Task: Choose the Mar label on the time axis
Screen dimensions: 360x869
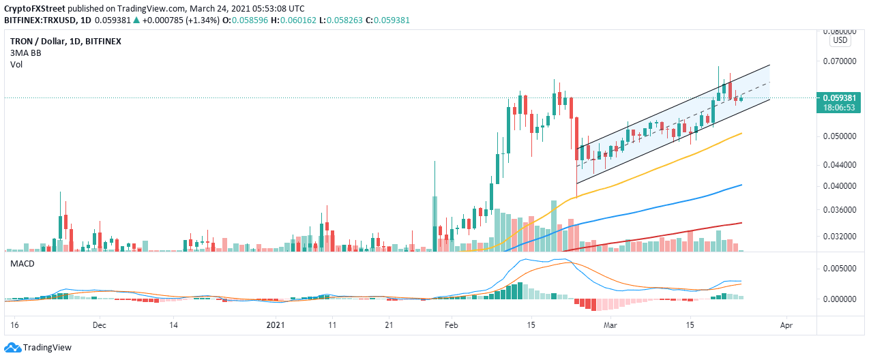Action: click(x=609, y=326)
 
